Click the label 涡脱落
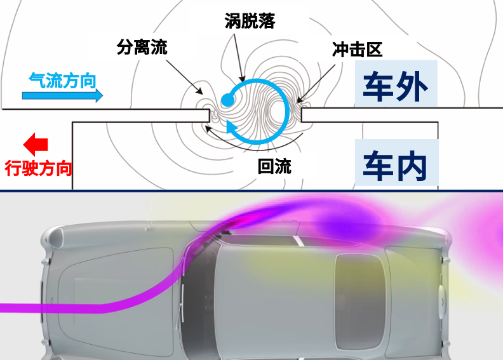coord(250,21)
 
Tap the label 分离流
coord(142,47)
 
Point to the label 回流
coord(274,166)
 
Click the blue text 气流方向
coord(62,81)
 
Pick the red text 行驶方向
coord(38,168)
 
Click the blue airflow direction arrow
coord(62,96)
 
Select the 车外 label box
coord(396,87)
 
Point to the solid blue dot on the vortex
coord(227,100)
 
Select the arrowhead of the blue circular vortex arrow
coord(232,130)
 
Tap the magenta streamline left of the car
coord(76,307)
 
